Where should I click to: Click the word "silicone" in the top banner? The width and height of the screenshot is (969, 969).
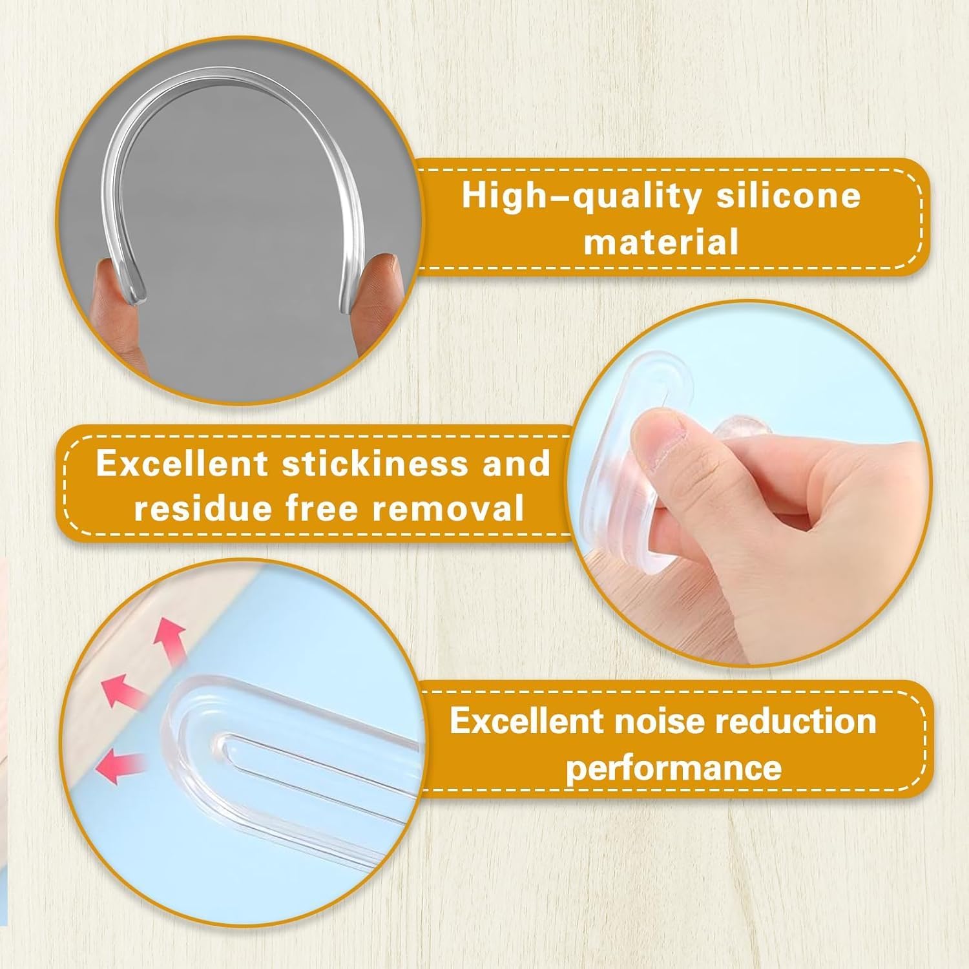788,194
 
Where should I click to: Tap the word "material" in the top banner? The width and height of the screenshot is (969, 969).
662,242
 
